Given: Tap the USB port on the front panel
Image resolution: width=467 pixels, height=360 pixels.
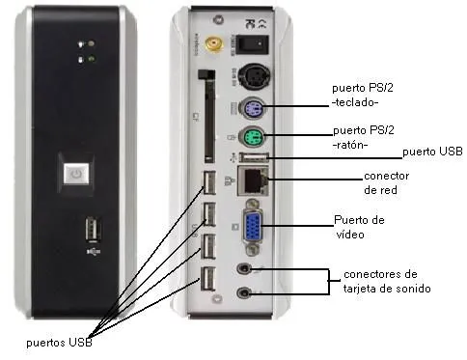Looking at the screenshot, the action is click(x=92, y=231).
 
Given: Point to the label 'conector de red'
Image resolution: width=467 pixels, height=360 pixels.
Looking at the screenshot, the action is click(x=387, y=183).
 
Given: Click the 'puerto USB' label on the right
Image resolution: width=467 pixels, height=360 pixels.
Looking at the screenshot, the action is click(x=432, y=152).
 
